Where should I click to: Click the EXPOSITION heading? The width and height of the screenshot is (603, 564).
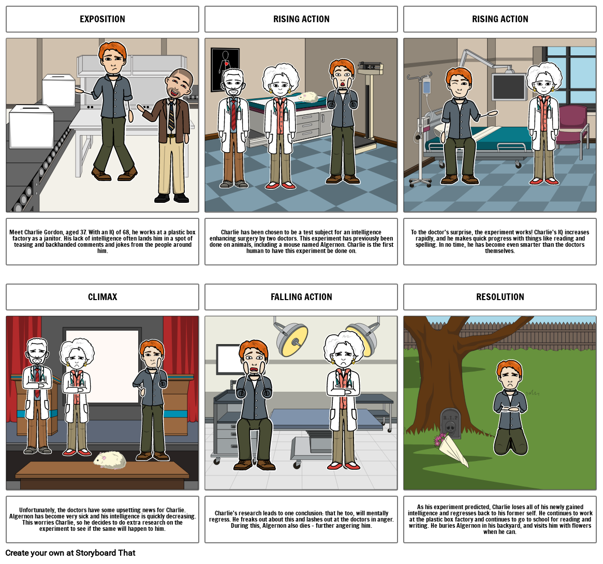(x=102, y=19)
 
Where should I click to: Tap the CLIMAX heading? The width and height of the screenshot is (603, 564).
(x=102, y=297)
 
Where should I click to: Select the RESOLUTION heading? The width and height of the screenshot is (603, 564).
(x=500, y=297)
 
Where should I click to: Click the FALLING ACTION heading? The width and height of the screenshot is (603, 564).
(x=301, y=297)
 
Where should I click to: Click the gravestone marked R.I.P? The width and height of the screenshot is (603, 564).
(x=450, y=423)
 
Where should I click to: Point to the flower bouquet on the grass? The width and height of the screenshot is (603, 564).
(x=451, y=449)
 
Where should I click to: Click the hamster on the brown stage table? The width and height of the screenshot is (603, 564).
(x=110, y=460)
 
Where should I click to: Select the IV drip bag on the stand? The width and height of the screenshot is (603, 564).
(x=426, y=86)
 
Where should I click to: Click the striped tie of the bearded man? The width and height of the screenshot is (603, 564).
(x=171, y=116)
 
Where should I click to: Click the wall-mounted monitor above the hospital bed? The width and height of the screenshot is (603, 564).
(x=509, y=87)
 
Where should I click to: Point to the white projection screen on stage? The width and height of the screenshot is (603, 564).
(x=102, y=366)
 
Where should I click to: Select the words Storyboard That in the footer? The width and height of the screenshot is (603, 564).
(x=106, y=553)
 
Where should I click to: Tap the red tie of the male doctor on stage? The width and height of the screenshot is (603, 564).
(x=37, y=382)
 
